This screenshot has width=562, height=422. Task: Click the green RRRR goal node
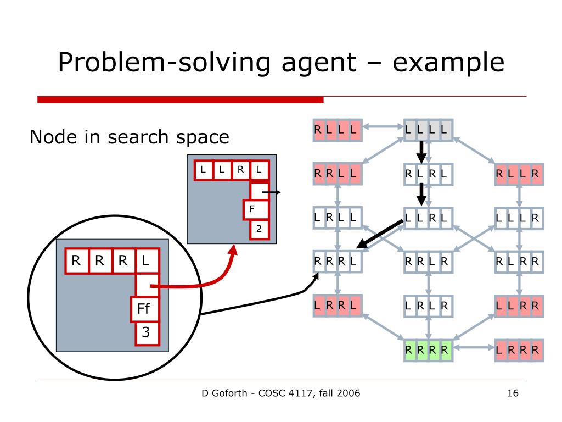point(428,350)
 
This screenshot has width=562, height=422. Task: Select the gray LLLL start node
point(428,130)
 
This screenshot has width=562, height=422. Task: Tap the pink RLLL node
point(336,130)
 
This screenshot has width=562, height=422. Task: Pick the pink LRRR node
point(519,350)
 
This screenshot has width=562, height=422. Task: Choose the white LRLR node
point(428,306)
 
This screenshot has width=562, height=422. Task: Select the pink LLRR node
point(519,306)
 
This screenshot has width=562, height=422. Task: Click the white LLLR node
point(519,218)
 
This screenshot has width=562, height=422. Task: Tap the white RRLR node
point(428,262)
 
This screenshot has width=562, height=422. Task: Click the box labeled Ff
point(144,309)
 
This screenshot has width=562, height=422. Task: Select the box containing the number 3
point(146,332)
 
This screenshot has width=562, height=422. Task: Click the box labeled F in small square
point(253,209)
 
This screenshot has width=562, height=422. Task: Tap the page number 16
point(513,393)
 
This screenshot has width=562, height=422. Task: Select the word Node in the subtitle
point(51,137)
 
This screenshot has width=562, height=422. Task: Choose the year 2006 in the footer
point(348,393)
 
